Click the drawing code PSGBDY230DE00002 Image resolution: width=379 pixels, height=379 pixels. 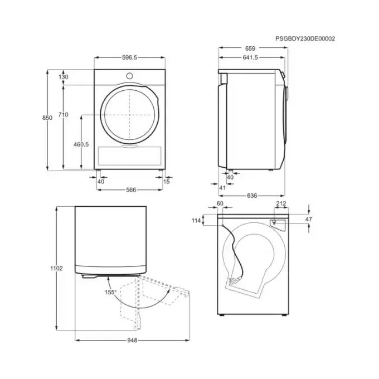pos(305,38)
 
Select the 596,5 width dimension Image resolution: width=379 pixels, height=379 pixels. pos(129,57)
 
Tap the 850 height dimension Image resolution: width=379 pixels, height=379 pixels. pos(47,118)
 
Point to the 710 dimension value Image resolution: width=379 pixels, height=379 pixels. pos(63,115)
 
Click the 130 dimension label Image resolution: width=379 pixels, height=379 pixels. pos(64,77)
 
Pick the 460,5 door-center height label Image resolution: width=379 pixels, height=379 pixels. pos(81,144)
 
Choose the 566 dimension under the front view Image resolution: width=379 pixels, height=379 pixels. pos(131,190)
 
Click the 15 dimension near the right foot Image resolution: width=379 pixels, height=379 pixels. pos(167,181)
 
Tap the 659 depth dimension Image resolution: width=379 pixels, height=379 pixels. pos(250,48)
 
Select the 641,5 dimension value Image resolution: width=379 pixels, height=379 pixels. pos(250,57)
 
